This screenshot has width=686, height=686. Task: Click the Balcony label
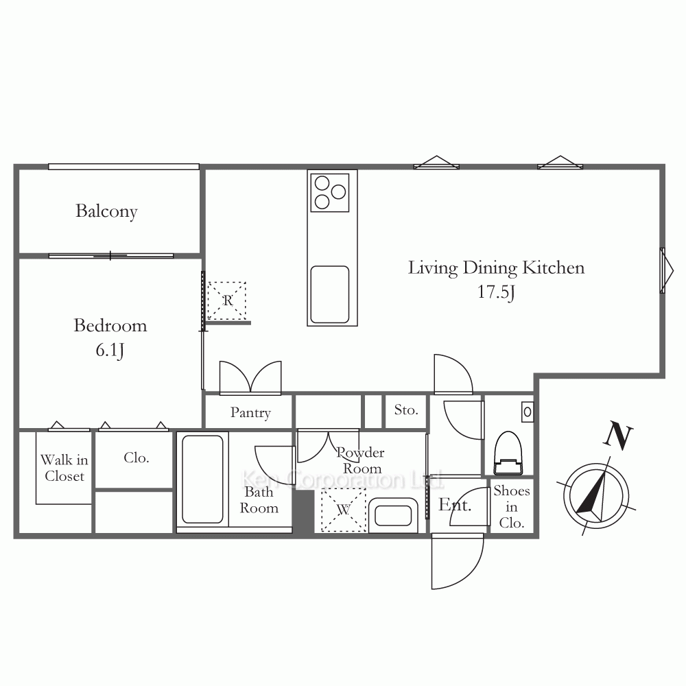click(106, 211)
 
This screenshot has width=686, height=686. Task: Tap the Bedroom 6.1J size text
click(110, 351)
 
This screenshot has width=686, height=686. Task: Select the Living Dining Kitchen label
click(496, 268)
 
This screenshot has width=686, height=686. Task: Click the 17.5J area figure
click(496, 292)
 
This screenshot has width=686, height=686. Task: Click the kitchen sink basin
click(330, 294)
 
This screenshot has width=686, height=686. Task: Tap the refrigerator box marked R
click(226, 300)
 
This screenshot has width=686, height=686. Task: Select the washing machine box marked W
click(344, 510)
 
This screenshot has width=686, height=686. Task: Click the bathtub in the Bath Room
click(202, 479)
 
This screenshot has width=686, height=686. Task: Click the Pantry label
click(250, 412)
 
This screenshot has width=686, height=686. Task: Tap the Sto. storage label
click(406, 410)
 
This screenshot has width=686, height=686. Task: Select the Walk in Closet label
click(64, 468)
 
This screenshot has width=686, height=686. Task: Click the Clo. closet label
click(136, 458)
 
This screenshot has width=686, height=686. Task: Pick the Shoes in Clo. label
click(512, 507)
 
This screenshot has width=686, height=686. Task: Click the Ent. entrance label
click(455, 505)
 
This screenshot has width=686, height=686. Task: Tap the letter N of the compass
click(618, 436)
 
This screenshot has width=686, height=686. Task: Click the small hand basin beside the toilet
click(527, 412)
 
